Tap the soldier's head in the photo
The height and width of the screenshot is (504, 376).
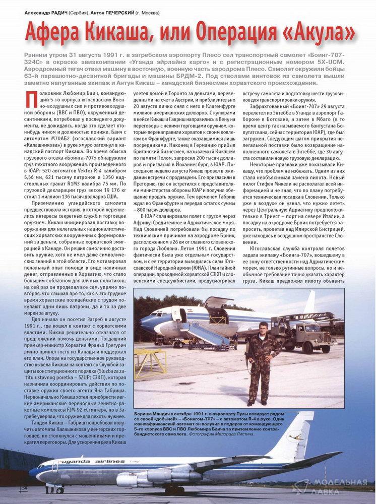263,328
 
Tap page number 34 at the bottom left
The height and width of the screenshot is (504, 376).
24,488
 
